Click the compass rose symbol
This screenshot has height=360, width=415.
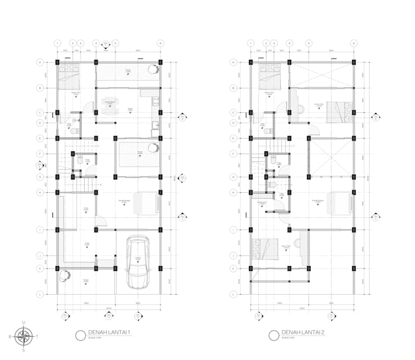[x=24, y=336]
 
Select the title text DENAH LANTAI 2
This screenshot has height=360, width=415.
[x=303, y=333]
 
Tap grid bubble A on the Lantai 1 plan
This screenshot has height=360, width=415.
[x=40, y=62]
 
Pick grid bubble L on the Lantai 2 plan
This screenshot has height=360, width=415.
[x=234, y=294]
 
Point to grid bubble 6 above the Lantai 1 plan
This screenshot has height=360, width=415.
[x=161, y=43]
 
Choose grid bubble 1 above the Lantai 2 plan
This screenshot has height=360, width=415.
[x=250, y=43]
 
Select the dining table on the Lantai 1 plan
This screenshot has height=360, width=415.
[x=110, y=106]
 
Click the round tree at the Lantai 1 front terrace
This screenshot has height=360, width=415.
[x=64, y=276]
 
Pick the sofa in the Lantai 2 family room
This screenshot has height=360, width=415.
[x=341, y=203]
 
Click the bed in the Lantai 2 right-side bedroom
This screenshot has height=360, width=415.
[x=339, y=111]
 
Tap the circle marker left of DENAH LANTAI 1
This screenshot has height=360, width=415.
[x=79, y=335]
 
